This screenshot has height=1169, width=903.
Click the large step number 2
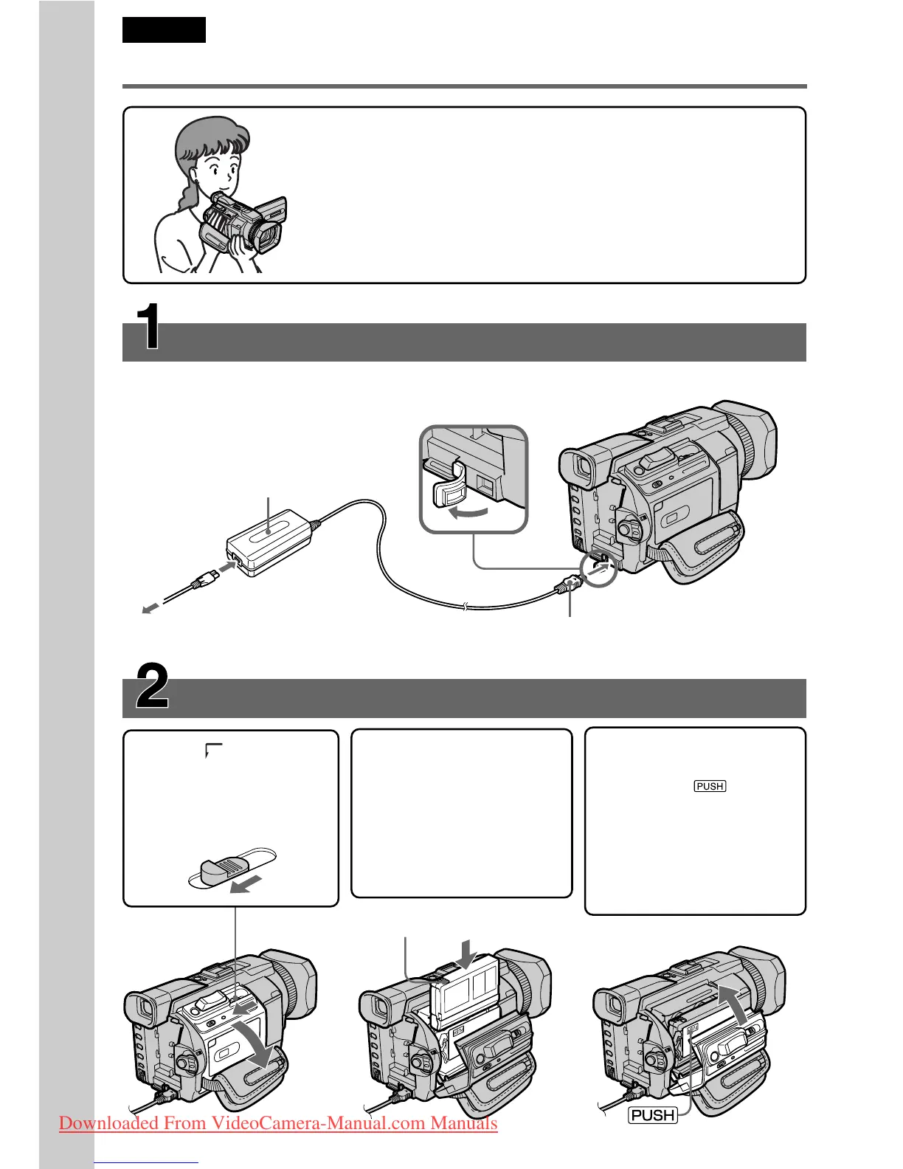click(x=152, y=686)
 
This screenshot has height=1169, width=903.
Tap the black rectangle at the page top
click(x=164, y=30)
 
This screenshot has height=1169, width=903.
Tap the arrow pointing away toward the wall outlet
click(x=150, y=608)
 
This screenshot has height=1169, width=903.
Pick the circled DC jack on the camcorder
click(x=598, y=570)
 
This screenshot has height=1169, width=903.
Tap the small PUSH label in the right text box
click(x=710, y=786)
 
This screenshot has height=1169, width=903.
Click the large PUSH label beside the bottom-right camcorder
click(x=653, y=1115)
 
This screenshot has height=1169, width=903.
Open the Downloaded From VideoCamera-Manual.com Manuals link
click(x=278, y=1123)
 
